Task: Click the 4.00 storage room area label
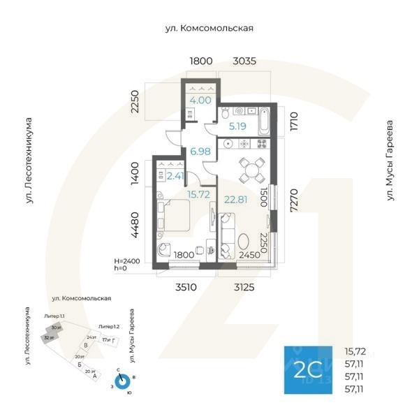200,100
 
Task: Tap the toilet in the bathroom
225,112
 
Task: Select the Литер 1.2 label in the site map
109,326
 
